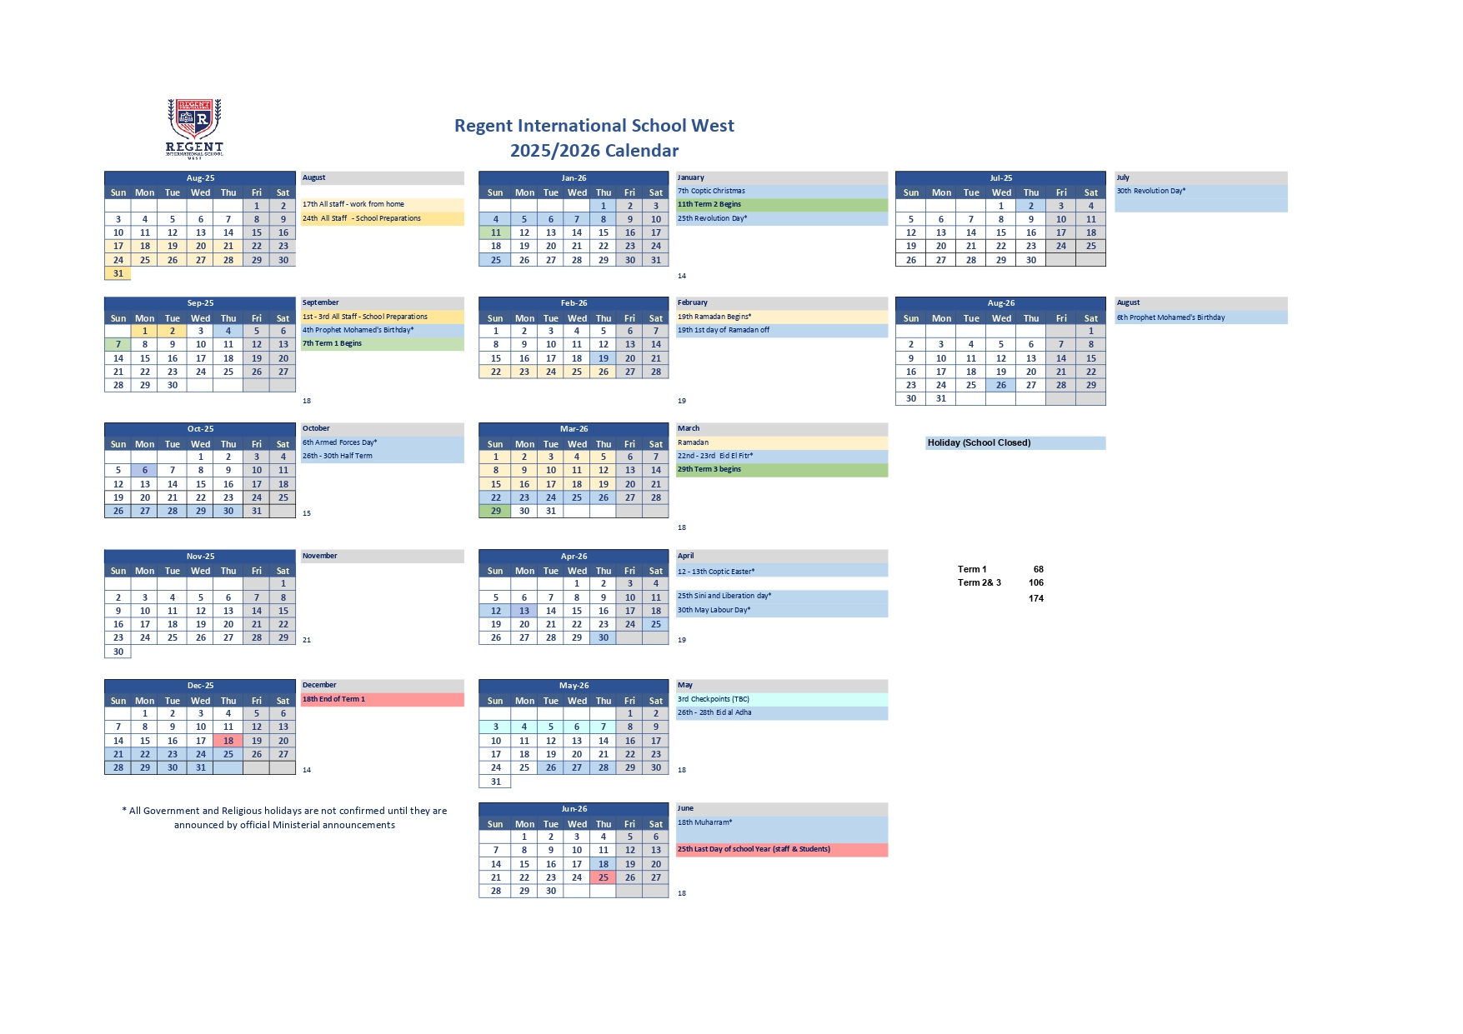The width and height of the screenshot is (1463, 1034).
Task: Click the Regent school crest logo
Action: tap(194, 127)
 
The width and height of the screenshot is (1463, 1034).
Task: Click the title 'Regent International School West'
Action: tap(594, 126)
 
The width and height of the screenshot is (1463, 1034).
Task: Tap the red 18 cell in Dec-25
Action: tap(228, 741)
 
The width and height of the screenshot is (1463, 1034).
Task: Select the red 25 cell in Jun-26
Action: tap(603, 877)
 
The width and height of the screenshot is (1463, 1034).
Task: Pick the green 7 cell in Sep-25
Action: tap(118, 344)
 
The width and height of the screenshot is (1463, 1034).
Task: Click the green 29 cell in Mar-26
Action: tap(495, 511)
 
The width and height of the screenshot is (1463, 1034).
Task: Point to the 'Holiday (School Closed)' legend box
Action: tap(1015, 443)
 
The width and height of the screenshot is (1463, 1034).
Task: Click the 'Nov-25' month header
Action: tap(200, 557)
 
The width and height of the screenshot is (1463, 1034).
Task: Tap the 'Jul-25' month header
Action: tap(1000, 178)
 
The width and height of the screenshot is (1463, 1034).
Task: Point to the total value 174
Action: tap(1036, 599)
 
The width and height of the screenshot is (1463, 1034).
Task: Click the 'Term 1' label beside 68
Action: tap(972, 570)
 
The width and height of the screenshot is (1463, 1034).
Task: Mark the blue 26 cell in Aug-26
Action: tap(1000, 385)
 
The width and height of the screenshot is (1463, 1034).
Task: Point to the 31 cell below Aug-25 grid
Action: tap(118, 273)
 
